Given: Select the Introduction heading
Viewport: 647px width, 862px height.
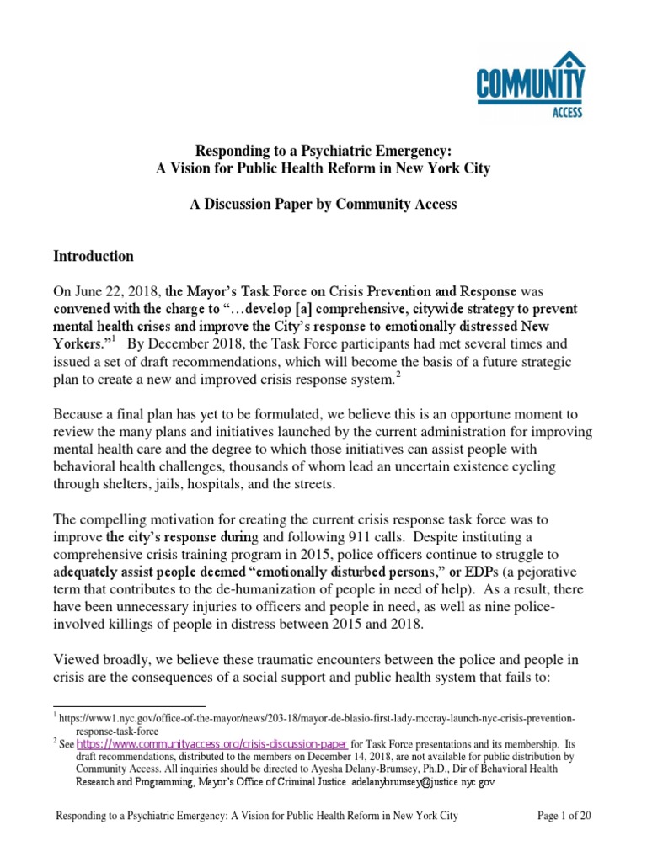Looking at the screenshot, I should (x=94, y=256).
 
